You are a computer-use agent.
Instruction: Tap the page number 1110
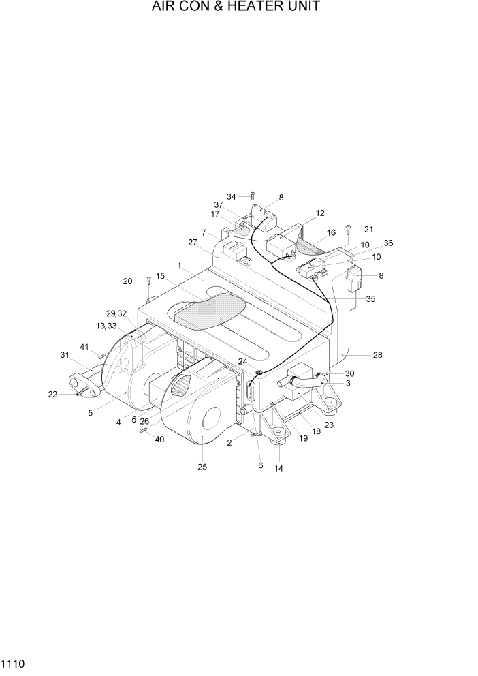coord(12,662)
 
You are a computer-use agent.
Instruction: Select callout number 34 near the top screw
coord(232,197)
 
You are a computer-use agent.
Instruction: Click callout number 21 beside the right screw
coord(368,229)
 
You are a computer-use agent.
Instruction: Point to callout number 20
coord(127,281)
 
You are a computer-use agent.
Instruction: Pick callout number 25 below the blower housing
coord(202,467)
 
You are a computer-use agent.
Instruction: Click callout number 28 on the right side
coord(377,354)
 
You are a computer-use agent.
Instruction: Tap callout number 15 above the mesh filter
coord(161,276)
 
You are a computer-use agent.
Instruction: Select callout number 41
coord(84,348)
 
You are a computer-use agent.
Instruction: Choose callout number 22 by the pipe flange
coord(52,394)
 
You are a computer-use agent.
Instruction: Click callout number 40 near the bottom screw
coord(159,440)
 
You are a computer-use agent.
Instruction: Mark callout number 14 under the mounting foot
coord(278,468)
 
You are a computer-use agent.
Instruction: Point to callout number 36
coord(388,243)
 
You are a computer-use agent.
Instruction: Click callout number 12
coord(320,213)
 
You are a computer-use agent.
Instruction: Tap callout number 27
coord(193,242)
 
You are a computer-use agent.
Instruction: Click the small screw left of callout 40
coord(143,431)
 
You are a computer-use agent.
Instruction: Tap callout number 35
coord(370,298)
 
